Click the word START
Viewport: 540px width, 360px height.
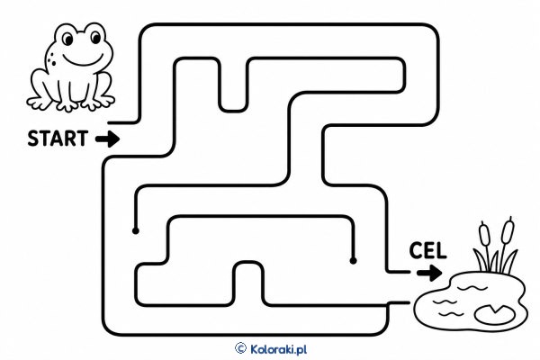(x=58, y=139)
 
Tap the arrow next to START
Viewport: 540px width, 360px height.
(x=108, y=139)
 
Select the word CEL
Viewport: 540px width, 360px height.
(x=427, y=250)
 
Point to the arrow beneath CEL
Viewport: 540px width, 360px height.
(x=429, y=274)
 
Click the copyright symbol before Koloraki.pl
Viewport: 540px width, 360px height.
(x=240, y=348)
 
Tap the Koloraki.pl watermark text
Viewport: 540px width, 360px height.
(x=278, y=349)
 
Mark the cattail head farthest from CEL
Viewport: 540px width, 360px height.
(x=508, y=229)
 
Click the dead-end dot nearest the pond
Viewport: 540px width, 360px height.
(x=353, y=261)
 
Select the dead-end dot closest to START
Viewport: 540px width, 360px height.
(x=136, y=230)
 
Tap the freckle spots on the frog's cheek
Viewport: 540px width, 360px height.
(x=51, y=58)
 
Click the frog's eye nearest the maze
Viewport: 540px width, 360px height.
(x=95, y=37)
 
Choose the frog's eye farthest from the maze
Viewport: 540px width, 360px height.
(x=68, y=39)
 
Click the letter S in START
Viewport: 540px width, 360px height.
(x=33, y=139)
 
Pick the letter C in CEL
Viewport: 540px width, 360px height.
(x=417, y=250)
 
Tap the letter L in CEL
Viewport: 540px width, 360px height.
(x=442, y=250)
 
